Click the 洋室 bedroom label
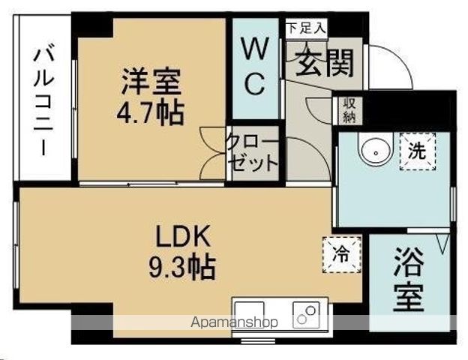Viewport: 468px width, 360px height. (x=151, y=82)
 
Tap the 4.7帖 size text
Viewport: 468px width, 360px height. (x=150, y=113)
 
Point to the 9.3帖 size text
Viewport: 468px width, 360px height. (x=182, y=266)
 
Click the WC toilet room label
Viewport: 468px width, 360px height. (x=254, y=66)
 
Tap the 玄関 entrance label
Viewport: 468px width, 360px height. (x=325, y=62)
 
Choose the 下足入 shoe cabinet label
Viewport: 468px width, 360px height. (x=306, y=28)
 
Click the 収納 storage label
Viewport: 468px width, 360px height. (x=349, y=110)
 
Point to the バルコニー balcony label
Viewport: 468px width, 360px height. (x=43, y=100)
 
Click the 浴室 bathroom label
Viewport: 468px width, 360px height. (x=409, y=280)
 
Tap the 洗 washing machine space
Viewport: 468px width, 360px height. (x=417, y=151)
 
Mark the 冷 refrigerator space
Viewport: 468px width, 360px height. (x=342, y=255)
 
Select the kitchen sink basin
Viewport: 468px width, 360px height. (x=250, y=314)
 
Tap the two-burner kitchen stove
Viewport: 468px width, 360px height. (x=306, y=314)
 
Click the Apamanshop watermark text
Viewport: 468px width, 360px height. (x=235, y=322)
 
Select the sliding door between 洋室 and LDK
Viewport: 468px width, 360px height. (x=151, y=184)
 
